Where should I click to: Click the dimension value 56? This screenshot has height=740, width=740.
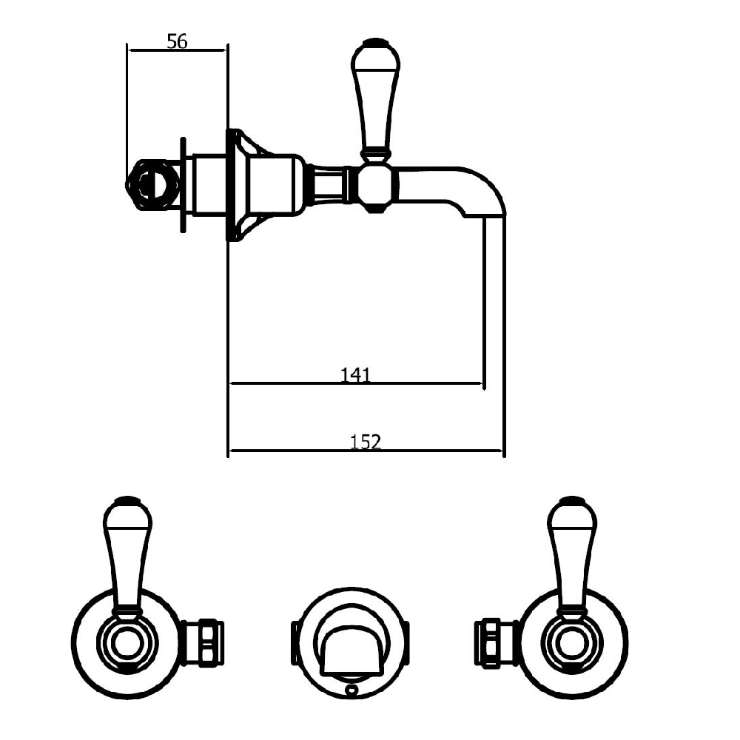(176, 41)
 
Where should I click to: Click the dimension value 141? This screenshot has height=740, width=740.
(355, 375)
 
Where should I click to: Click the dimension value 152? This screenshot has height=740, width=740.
(365, 442)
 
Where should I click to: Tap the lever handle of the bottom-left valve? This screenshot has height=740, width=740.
(128, 555)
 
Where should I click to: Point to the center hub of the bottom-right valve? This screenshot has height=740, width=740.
(573, 641)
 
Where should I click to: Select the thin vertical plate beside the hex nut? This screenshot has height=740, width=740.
(181, 184)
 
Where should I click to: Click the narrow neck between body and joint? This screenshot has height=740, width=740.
(328, 184)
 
